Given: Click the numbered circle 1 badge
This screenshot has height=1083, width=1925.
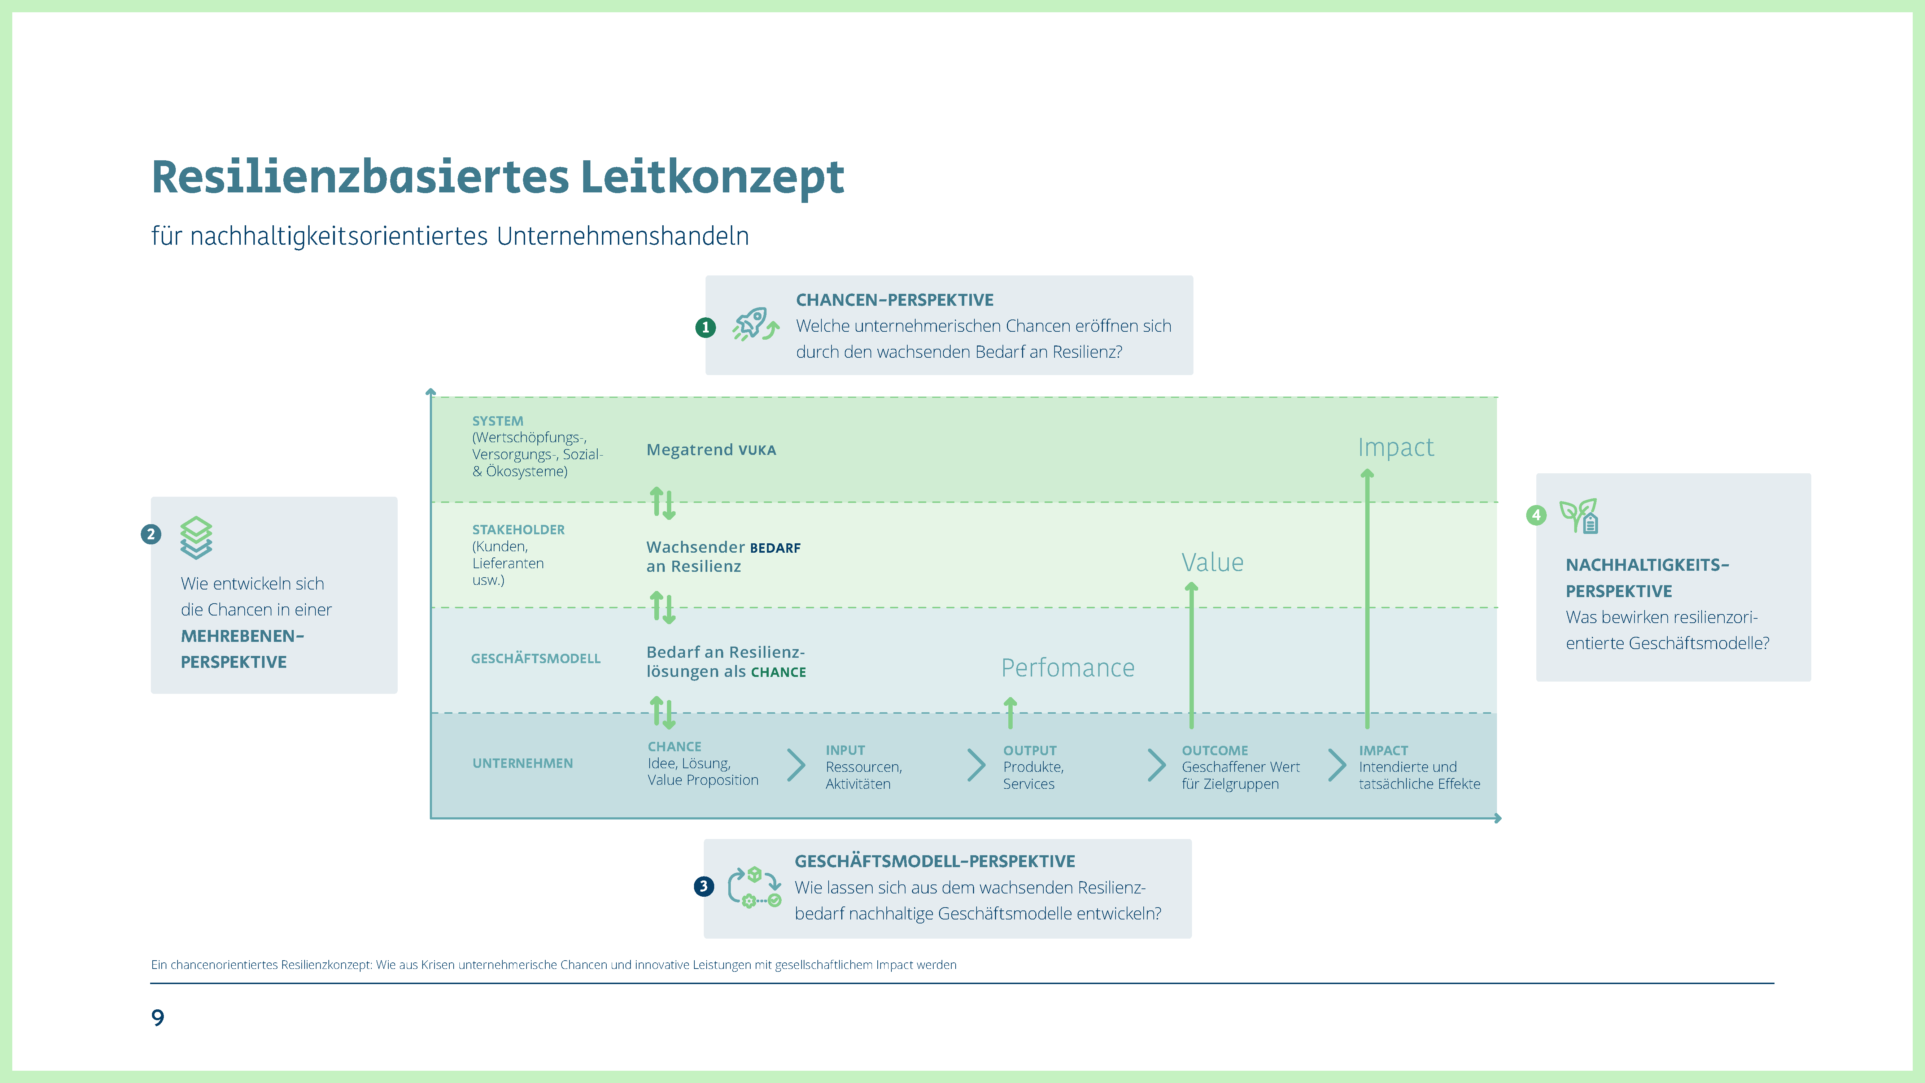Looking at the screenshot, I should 705,327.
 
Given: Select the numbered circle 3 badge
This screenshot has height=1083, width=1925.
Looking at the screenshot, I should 703,886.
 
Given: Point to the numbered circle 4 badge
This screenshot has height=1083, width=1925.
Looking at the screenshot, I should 1536,515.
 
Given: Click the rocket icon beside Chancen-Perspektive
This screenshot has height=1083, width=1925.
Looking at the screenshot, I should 755,325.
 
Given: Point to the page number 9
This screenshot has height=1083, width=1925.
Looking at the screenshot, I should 158,1017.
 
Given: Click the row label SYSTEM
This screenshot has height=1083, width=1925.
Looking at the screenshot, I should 498,421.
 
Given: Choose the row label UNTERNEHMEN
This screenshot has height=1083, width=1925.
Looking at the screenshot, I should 522,763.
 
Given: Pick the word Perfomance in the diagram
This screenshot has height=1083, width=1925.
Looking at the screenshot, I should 1067,667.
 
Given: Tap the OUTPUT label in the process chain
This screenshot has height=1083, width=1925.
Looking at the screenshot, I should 1029,751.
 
